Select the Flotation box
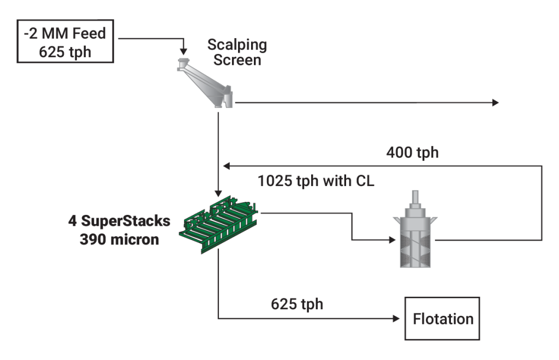442,318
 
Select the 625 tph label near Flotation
297,304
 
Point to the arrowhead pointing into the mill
390,239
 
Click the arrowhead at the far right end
495,102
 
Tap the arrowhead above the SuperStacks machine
218,194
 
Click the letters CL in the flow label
364,182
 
